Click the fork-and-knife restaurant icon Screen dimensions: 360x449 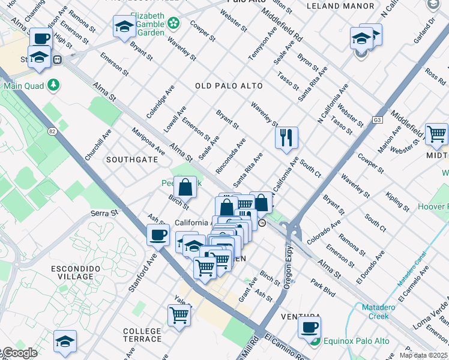(x=286, y=137)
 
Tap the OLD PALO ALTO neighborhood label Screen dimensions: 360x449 (x=229, y=86)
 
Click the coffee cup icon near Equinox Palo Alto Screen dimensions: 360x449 (x=309, y=328)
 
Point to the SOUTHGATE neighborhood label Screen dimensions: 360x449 (x=132, y=160)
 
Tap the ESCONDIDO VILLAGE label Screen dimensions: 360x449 (x=76, y=272)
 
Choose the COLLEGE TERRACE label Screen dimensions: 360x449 (x=142, y=335)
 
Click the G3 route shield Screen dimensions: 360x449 (x=377, y=119)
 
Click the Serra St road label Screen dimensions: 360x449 (x=103, y=213)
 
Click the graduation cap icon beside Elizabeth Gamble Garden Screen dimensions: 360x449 (x=124, y=27)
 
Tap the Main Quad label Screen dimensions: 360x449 (x=25, y=85)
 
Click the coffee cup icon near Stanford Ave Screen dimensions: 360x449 (x=158, y=235)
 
